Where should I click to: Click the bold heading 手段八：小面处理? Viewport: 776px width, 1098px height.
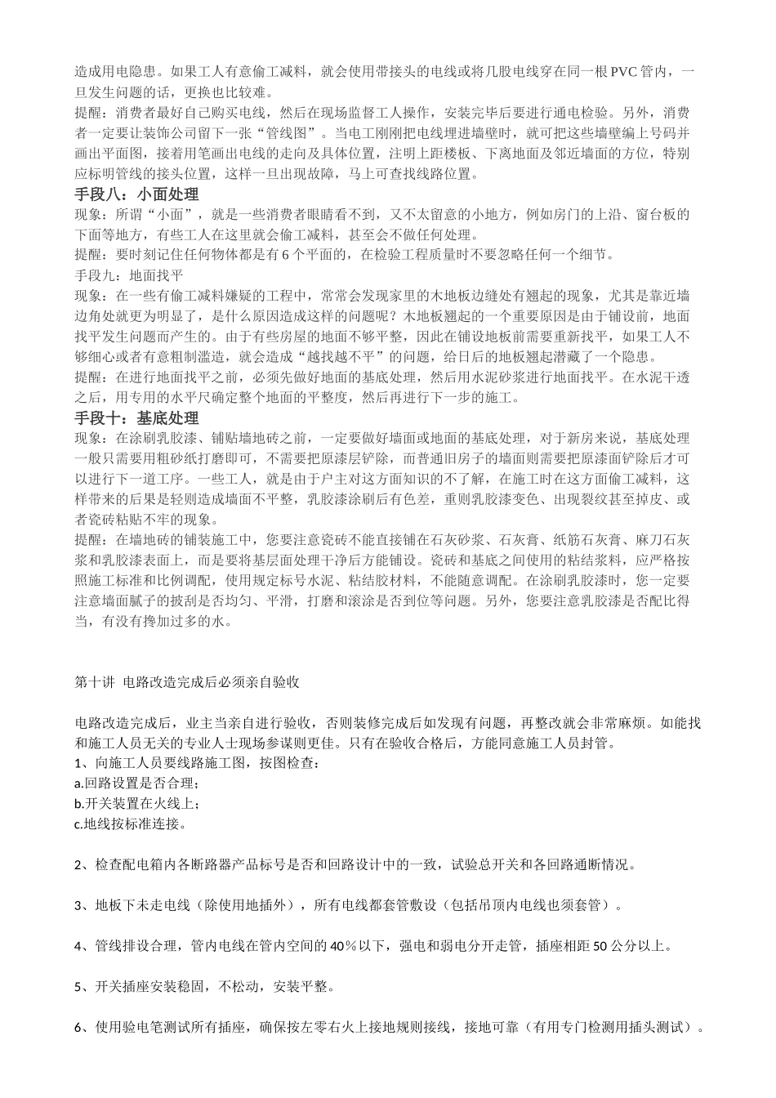[137, 194]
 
